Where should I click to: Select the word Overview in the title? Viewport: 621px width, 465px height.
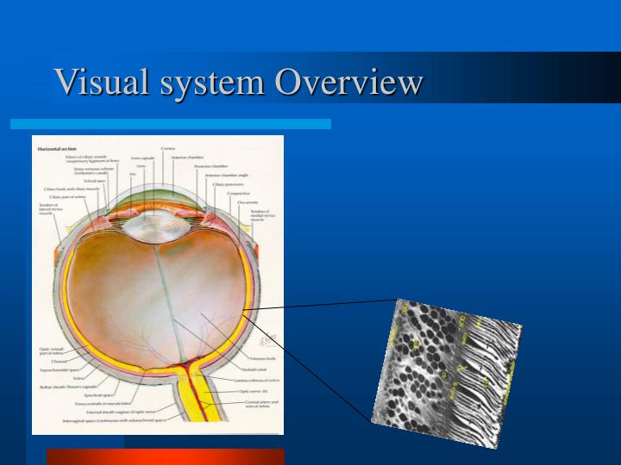[349, 83]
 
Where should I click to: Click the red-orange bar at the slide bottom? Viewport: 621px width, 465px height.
[165, 456]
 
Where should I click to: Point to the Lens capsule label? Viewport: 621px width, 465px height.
[143, 158]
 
